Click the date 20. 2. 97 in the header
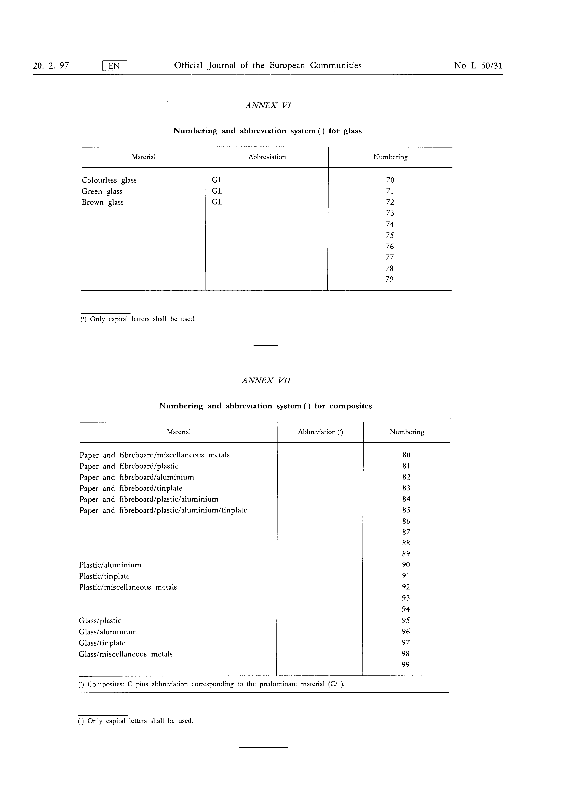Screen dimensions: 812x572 [51, 66]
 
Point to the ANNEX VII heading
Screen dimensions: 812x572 [266, 380]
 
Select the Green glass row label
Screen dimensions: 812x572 [102, 191]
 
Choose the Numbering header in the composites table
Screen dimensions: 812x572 [407, 432]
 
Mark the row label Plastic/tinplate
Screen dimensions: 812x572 [104, 576]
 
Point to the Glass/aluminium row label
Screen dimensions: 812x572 [108, 632]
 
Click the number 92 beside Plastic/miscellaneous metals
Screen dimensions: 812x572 [406, 587]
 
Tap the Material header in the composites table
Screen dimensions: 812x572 [179, 432]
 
